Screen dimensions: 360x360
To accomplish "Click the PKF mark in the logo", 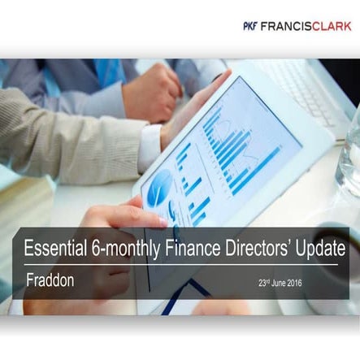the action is pyautogui.click(x=249, y=26).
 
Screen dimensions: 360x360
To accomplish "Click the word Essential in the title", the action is pyautogui.click(x=55, y=248).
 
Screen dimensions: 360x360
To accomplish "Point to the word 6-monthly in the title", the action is pyautogui.click(x=126, y=249).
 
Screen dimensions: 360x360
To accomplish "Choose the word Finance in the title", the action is pyautogui.click(x=193, y=248).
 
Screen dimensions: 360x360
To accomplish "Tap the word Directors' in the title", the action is pyautogui.click(x=258, y=248).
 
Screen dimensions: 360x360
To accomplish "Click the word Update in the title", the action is pyautogui.click(x=321, y=249).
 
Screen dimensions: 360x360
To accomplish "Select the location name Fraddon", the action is pyautogui.click(x=50, y=280).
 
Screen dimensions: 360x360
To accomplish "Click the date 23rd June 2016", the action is pyautogui.click(x=280, y=283).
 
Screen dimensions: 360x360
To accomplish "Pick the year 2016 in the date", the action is pyautogui.click(x=294, y=284).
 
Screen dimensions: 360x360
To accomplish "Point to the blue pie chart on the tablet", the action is pyautogui.click(x=159, y=185).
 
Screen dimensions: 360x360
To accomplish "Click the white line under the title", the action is pyautogui.click(x=181, y=264).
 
